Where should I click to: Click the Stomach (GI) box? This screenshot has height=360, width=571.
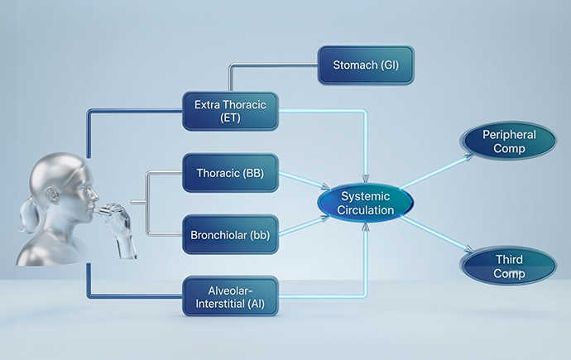pos(366,65)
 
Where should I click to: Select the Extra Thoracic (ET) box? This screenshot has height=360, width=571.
pos(231,111)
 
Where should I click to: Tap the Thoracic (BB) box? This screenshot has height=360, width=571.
pos(231,173)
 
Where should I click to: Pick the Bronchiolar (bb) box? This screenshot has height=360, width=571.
pos(231,235)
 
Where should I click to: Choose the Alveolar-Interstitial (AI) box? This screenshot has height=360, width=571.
pos(231,296)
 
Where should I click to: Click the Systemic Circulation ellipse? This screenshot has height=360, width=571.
pos(366,203)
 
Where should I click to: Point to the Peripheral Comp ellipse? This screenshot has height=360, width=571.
pos(509,141)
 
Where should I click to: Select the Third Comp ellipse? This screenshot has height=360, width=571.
pos(509,266)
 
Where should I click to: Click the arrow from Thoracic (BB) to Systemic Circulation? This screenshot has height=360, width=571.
pos(305,180)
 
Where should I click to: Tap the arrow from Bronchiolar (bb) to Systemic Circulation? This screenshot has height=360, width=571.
pos(305,226)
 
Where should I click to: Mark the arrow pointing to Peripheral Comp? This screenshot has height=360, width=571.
pos(436,172)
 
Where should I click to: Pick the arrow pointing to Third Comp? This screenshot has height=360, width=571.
pos(436,234)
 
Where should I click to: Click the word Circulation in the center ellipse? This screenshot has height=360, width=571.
pos(366,210)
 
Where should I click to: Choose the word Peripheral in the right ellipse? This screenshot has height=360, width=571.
pos(509,135)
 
